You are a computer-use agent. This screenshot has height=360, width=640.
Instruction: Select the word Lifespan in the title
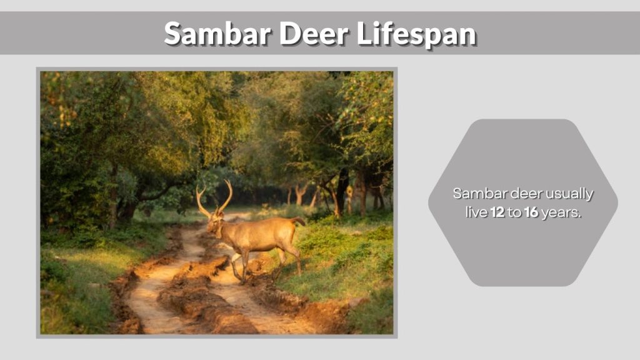pos(416,34)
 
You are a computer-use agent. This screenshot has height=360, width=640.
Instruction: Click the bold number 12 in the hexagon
pos(497,212)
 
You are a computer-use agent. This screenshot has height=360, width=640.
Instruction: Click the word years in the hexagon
pos(561,212)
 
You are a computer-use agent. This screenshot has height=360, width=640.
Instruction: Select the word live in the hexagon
pos(476,212)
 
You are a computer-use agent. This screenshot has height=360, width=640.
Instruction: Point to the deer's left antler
pos(202,201)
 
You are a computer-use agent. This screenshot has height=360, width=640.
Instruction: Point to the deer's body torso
pos(262,234)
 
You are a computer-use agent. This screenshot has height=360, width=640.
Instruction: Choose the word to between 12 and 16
pos(514,212)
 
